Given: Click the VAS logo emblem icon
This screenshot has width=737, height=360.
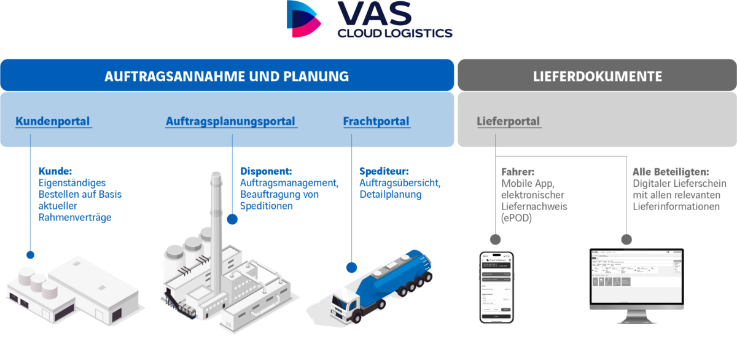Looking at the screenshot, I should (304, 19).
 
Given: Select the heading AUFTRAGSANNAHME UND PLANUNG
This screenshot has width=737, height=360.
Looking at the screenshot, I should (227, 76).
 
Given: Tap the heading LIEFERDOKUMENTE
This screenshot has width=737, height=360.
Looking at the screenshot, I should (597, 76).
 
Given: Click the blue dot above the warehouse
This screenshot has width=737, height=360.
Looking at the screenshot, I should (30, 254).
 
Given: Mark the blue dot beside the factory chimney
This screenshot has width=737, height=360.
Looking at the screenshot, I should (232, 218).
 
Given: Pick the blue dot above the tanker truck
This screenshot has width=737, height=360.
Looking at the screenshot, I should (351, 267).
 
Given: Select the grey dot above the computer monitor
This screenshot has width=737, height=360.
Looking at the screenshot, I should (626, 239).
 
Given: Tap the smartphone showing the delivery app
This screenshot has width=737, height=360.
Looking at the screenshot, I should (496, 286).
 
